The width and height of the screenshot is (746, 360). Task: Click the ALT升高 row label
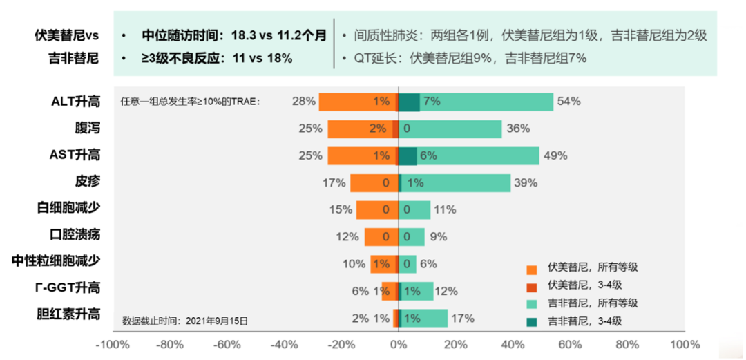(75, 102)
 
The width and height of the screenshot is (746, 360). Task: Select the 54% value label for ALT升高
(569, 102)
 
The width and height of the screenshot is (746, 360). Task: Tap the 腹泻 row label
(88, 129)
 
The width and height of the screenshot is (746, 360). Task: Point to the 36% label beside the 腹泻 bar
(518, 129)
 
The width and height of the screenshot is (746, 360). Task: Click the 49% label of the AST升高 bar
(555, 155)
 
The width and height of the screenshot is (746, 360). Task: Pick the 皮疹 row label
(88, 182)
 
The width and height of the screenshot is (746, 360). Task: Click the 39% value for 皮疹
(526, 182)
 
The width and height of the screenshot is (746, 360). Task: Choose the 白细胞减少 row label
(68, 208)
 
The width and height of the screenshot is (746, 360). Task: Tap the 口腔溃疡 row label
(75, 235)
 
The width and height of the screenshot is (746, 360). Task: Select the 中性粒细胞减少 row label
(56, 261)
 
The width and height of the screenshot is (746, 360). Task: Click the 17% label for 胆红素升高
(463, 318)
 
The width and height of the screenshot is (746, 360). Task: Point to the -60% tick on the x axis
(227, 344)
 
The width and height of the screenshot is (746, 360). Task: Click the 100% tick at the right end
(685, 344)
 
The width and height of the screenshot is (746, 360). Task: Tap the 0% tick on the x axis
(399, 344)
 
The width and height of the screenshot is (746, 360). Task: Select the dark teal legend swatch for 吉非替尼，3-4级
(531, 321)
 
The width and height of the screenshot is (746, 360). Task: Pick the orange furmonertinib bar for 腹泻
(359, 129)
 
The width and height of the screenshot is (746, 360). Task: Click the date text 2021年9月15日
(216, 321)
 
